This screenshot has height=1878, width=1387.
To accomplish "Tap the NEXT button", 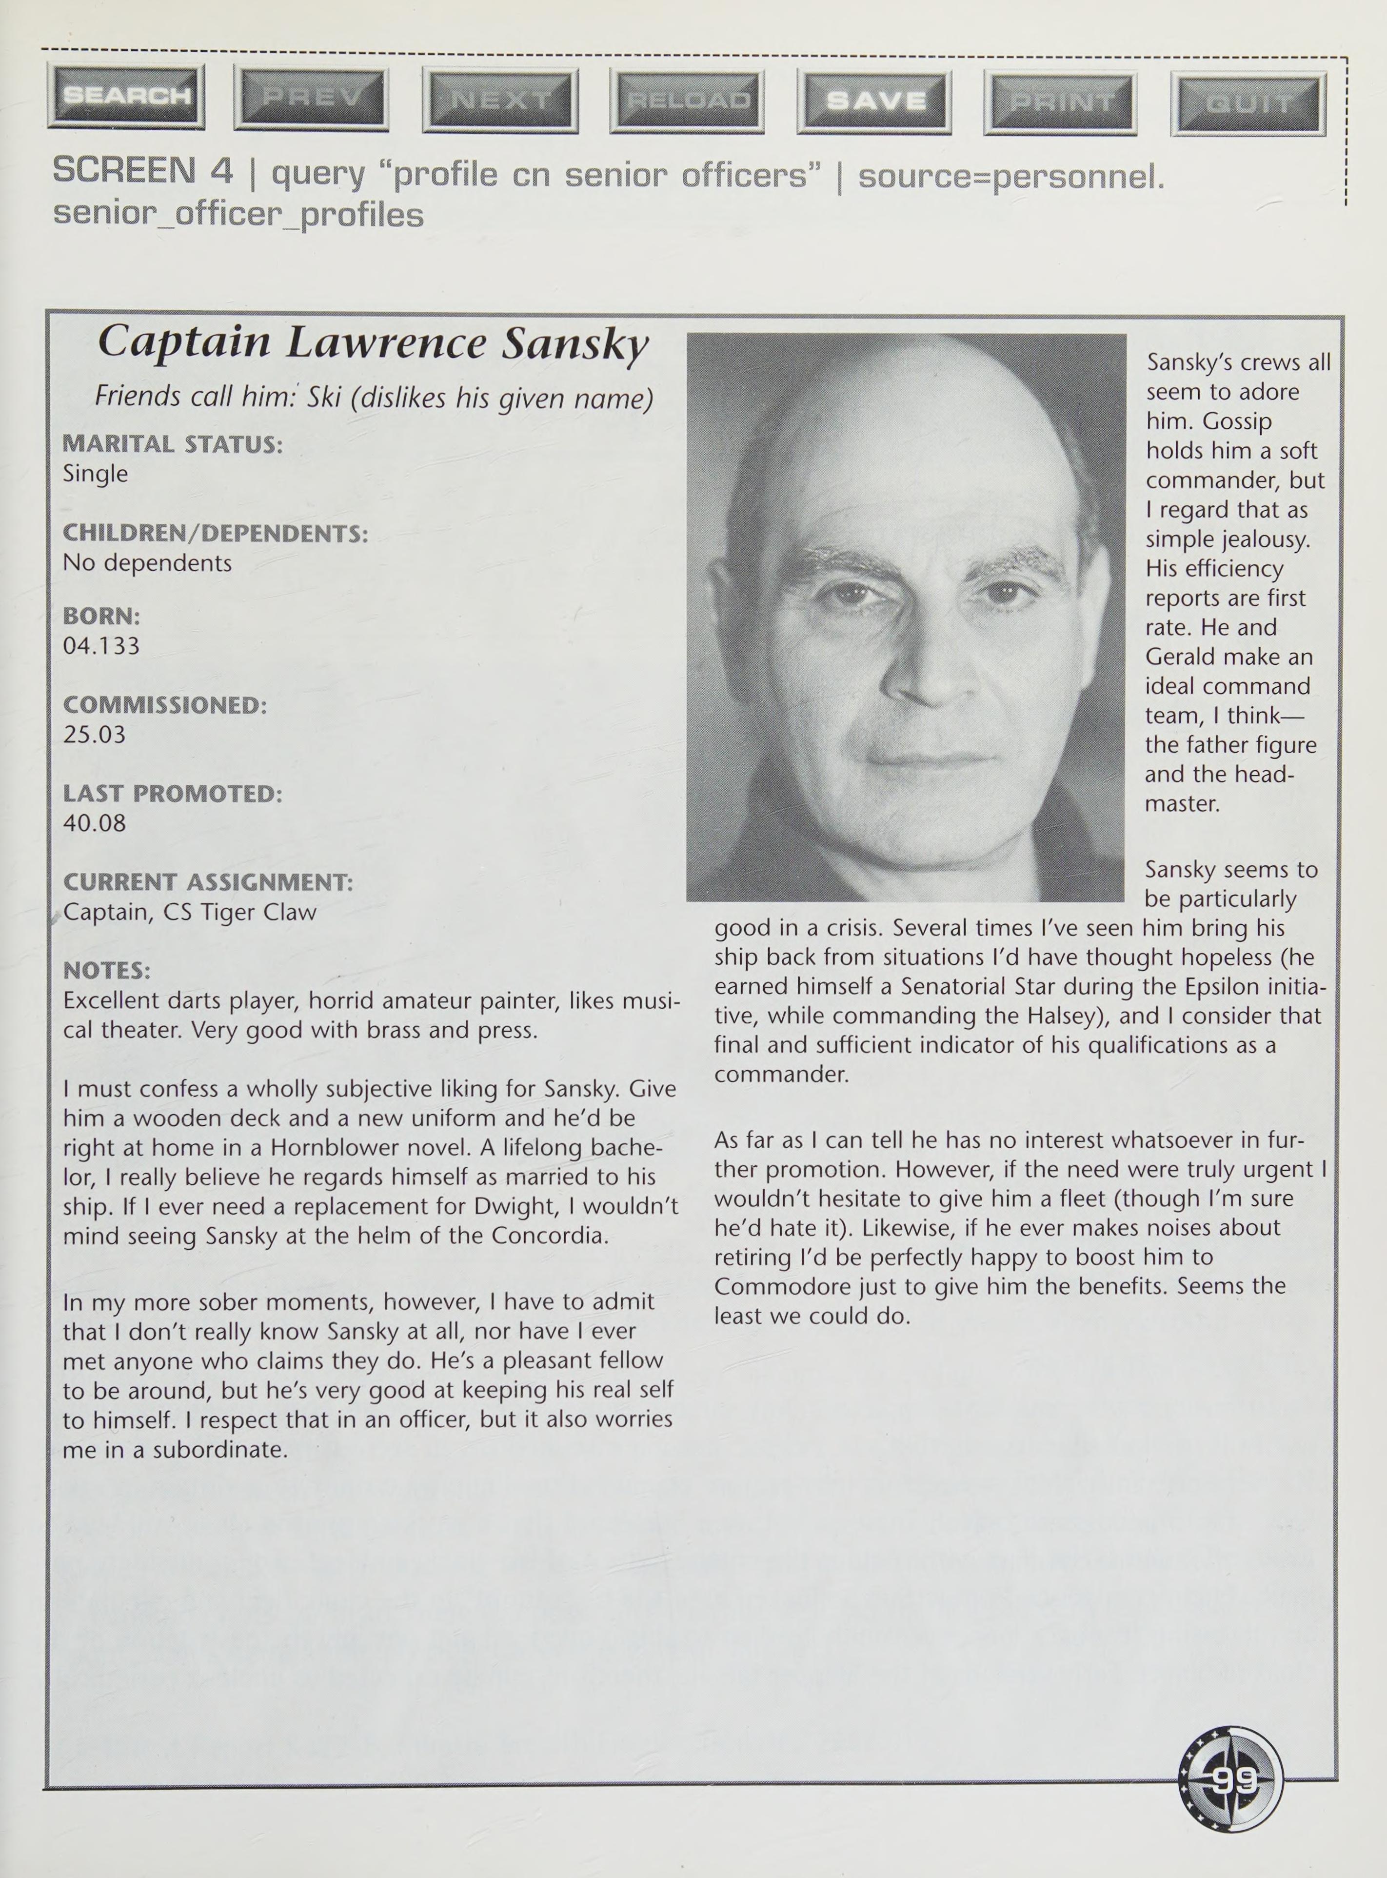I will (500, 100).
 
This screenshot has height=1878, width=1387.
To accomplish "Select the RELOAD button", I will (687, 101).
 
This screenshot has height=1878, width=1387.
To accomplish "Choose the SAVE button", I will (874, 101).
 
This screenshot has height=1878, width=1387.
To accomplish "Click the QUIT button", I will (1248, 104).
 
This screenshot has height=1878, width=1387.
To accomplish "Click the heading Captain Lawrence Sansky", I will (374, 342).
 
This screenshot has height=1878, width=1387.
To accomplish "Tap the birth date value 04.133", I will (101, 645).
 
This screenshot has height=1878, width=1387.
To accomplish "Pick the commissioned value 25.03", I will (94, 735).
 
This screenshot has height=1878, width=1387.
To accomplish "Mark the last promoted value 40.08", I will (94, 823).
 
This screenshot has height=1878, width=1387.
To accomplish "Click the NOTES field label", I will (107, 971).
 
